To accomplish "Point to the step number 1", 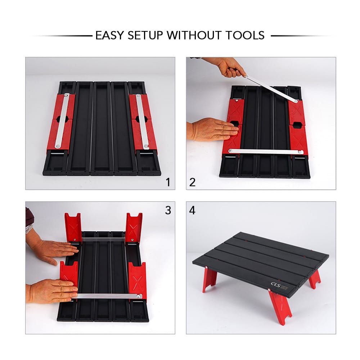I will click(x=167, y=182).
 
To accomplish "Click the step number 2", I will click(x=193, y=182).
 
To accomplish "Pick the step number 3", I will click(x=167, y=210).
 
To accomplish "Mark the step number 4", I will click(x=193, y=210).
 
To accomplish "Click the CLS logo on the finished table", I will click(x=275, y=284).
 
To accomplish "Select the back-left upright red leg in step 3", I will click(x=73, y=227).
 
